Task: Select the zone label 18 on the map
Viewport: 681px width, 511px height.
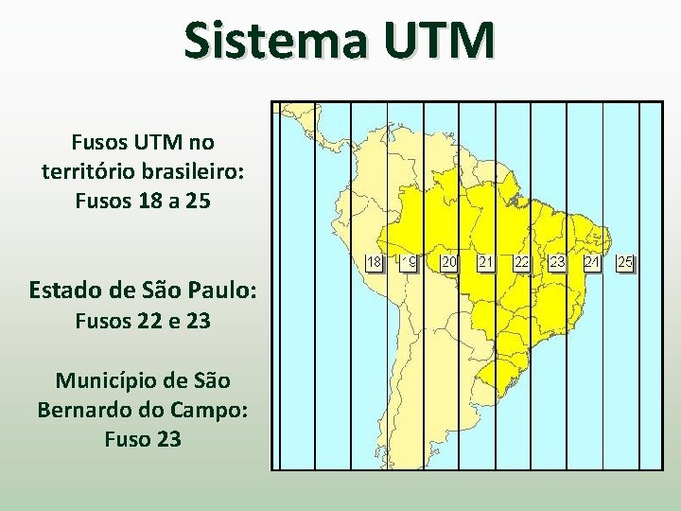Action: pyautogui.click(x=375, y=261)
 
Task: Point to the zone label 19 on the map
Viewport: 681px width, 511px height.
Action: pyautogui.click(x=410, y=261)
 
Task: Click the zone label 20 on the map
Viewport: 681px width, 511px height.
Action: pyautogui.click(x=450, y=261)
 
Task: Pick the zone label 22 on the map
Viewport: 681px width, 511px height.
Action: pyautogui.click(x=521, y=261)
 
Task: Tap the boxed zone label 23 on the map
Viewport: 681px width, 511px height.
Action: pyautogui.click(x=556, y=261)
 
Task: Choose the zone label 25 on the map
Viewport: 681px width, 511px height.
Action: pyautogui.click(x=625, y=261)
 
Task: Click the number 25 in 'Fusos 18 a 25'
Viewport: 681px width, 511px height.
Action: pyautogui.click(x=197, y=202)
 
